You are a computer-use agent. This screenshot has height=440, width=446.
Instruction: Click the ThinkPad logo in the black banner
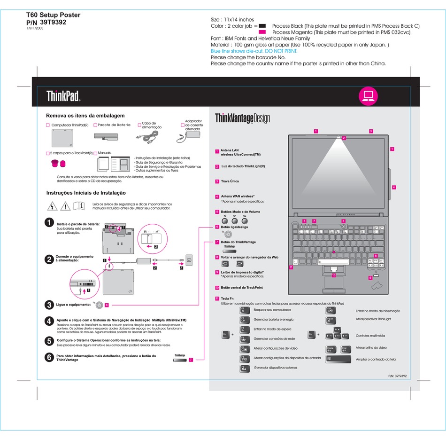[63, 96]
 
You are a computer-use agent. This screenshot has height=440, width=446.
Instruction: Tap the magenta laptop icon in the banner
[368, 95]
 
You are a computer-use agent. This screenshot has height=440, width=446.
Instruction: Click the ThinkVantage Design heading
[242, 118]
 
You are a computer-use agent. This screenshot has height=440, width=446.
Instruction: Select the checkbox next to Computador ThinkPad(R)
[48, 125]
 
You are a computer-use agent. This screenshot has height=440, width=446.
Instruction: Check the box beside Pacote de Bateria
[95, 125]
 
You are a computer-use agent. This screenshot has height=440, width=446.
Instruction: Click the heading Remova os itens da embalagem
[85, 115]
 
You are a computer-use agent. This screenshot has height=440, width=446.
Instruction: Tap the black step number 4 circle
[49, 321]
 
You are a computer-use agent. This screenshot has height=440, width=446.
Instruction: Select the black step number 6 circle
[49, 357]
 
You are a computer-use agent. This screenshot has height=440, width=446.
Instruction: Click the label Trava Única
[230, 181]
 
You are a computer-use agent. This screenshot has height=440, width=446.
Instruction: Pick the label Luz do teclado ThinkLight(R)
[243, 166]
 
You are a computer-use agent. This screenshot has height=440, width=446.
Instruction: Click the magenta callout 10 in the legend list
[217, 287]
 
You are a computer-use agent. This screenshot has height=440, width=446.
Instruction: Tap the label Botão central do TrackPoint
[242, 287]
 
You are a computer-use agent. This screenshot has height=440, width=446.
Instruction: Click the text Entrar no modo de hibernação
[378, 311]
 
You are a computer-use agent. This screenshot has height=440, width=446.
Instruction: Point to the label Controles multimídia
[370, 336]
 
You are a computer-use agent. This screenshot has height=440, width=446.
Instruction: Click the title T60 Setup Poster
[53, 15]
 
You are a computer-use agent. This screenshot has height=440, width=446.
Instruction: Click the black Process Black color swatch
[262, 26]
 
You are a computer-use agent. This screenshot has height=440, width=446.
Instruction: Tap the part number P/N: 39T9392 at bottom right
[397, 376]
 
